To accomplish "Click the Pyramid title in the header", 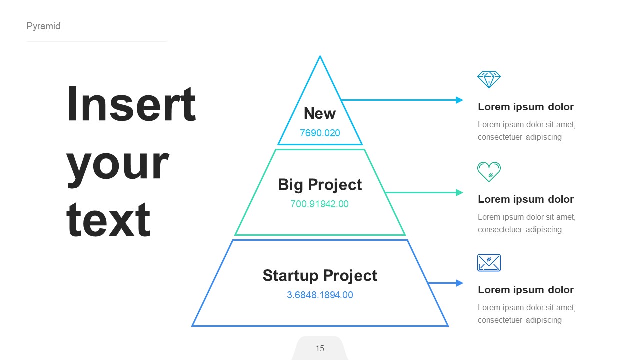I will point(43,26).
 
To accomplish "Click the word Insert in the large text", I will point(131,104).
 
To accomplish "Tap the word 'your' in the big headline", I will point(117,163).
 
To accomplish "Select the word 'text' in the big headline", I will point(108,220).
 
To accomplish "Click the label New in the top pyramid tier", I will point(320,114).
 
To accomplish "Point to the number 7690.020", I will point(320,133).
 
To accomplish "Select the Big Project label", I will point(320,185).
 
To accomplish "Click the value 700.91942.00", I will point(320,204).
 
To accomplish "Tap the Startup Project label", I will point(320,276).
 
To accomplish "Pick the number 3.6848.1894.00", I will point(320,295).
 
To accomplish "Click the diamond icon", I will point(489,79).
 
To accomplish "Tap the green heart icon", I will point(489,172).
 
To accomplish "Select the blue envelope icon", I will point(489,263).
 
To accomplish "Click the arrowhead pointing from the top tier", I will point(460,100).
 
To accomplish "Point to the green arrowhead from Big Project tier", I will point(460,193).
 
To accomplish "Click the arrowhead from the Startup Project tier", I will point(460,283).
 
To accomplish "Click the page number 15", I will point(320,348).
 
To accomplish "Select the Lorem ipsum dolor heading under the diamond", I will point(525,107).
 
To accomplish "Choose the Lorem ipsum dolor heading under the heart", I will point(525,199).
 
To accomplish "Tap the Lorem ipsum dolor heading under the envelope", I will point(525,290).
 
